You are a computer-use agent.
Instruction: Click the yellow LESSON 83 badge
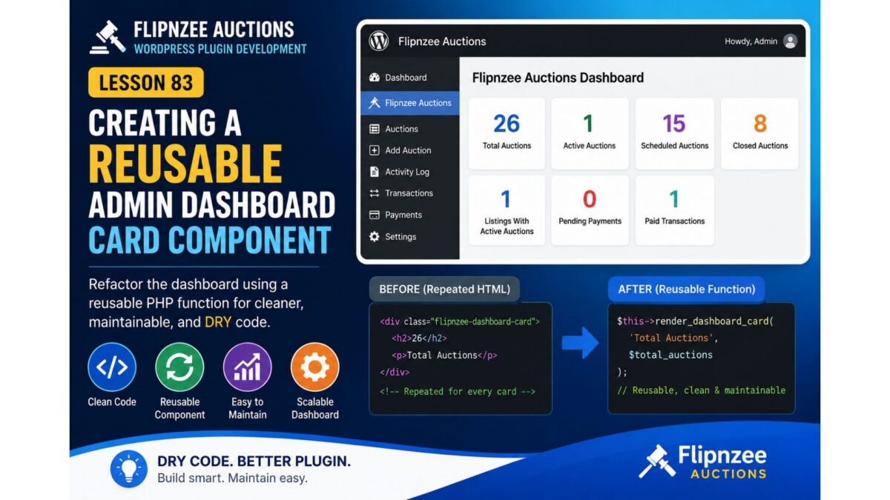[x=146, y=82]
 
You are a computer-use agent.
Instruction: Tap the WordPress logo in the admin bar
[x=378, y=41]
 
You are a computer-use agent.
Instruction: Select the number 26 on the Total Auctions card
[x=506, y=124]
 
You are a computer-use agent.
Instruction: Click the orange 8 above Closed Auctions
[x=760, y=124]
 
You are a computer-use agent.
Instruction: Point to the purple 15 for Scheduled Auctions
[x=674, y=124]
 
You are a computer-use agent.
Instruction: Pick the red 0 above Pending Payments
[x=589, y=199]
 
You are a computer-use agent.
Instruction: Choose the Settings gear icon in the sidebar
[x=375, y=236]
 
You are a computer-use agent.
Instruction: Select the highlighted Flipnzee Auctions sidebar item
[x=410, y=103]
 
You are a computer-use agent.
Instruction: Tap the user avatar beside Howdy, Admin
[x=790, y=41]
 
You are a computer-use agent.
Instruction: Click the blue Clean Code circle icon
[x=112, y=367]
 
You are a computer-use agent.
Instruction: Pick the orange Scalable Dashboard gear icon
[x=315, y=367]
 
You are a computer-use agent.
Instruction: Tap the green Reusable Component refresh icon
[x=179, y=367]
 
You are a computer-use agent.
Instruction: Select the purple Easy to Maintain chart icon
[x=248, y=367]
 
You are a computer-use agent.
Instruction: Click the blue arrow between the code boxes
[x=580, y=342]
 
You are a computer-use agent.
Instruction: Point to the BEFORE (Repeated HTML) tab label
[x=444, y=290]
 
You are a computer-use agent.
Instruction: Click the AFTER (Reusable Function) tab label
[x=687, y=290]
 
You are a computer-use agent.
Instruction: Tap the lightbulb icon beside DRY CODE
[x=129, y=469]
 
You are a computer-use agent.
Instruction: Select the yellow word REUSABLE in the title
[x=185, y=163]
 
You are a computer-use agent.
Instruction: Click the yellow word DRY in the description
[x=218, y=321]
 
